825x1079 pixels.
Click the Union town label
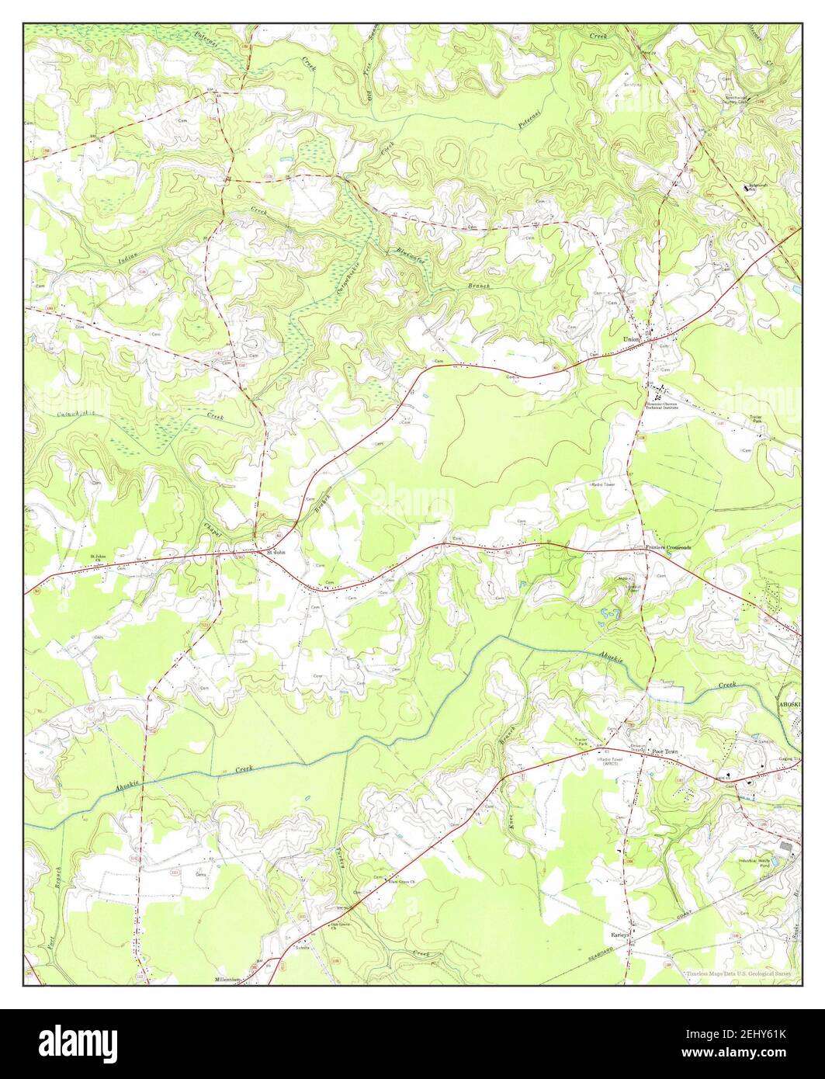pyautogui.click(x=631, y=339)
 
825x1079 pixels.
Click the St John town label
pyautogui.click(x=276, y=553)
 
